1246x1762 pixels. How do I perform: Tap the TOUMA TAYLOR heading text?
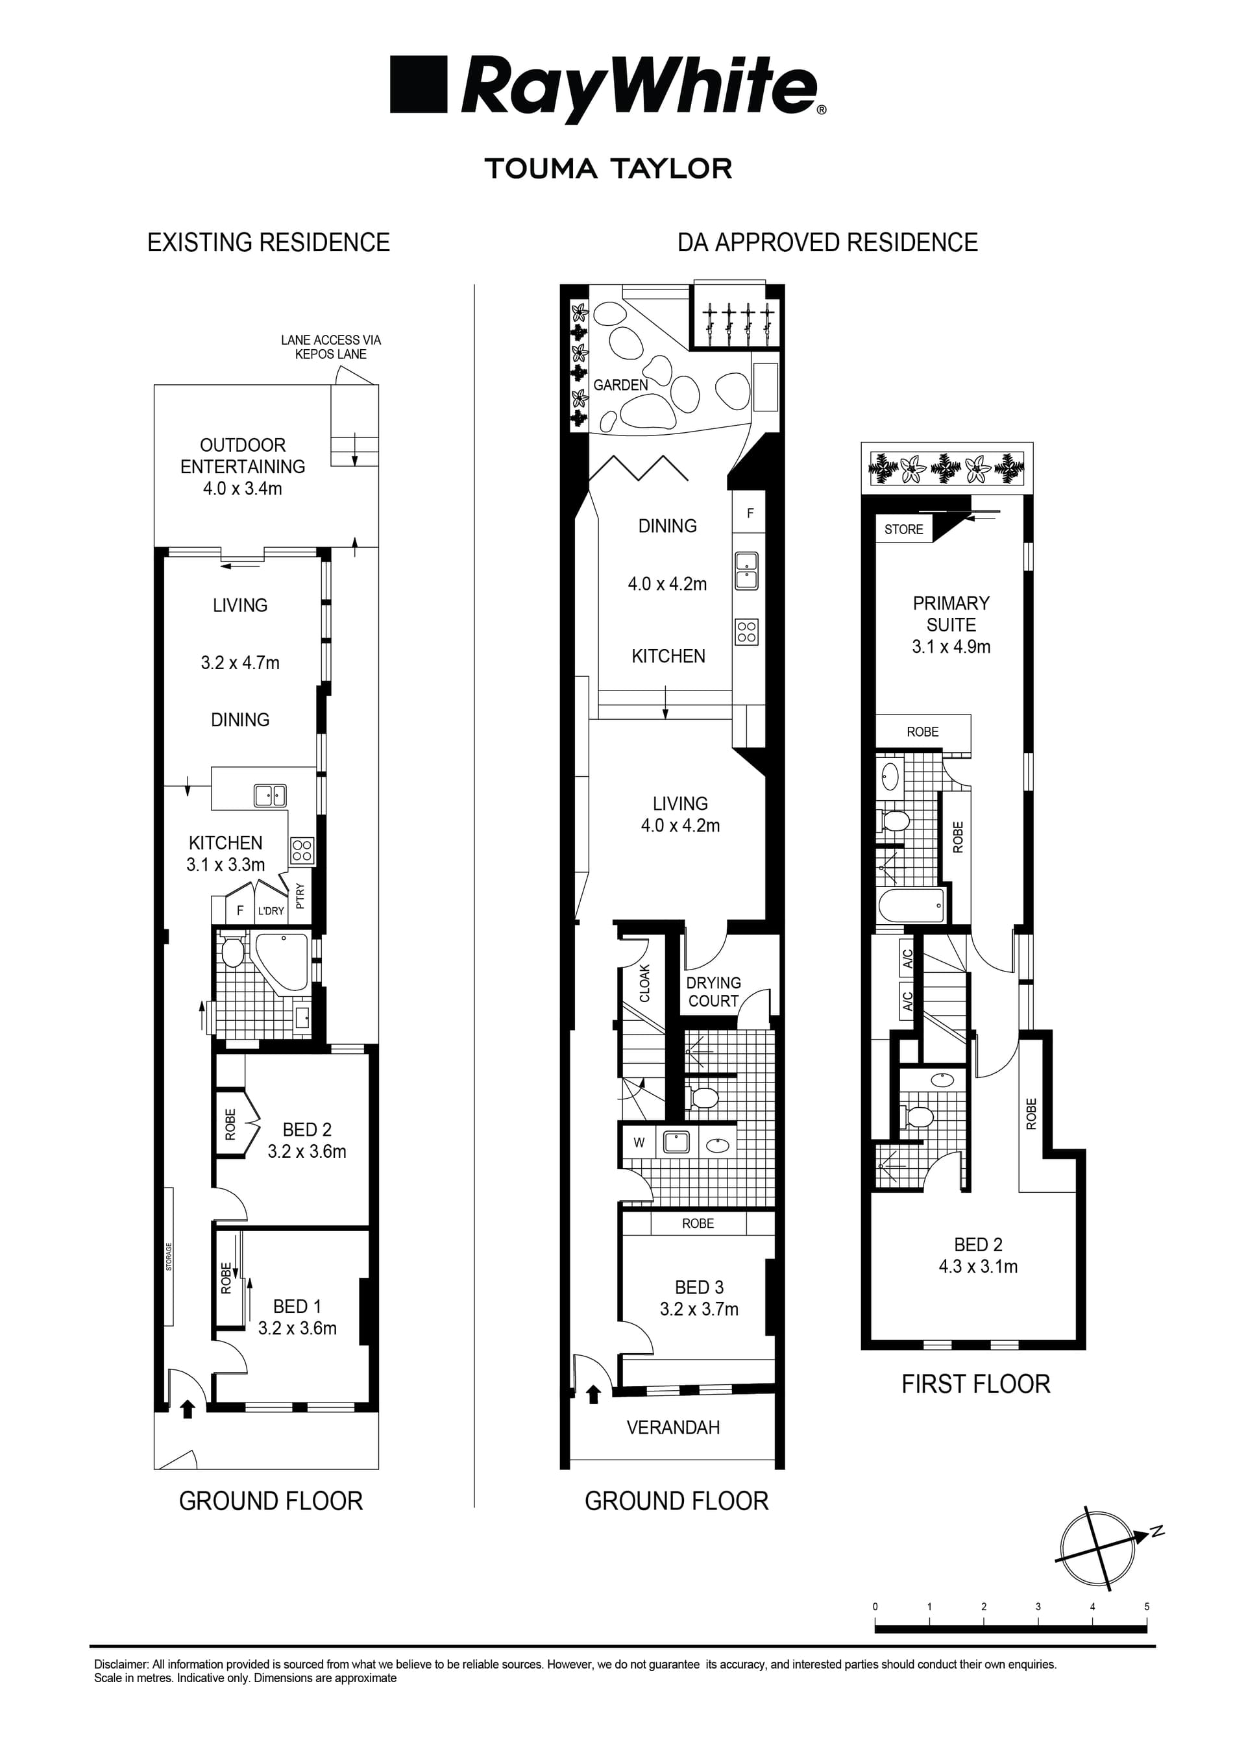coord(609,169)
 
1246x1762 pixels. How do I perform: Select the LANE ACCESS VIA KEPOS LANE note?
coord(331,347)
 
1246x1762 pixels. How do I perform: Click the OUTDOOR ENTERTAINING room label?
coord(243,456)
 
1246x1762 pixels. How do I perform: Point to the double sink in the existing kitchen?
coord(270,796)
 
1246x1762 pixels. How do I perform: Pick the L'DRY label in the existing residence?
coord(270,911)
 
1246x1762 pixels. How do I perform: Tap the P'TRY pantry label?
coord(300,896)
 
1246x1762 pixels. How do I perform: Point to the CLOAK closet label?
coord(644,983)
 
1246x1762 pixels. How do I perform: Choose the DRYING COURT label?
coord(714,992)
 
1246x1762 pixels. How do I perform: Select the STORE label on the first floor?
coord(903,529)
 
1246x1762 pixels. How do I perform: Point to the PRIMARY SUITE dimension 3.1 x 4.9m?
coord(951,647)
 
